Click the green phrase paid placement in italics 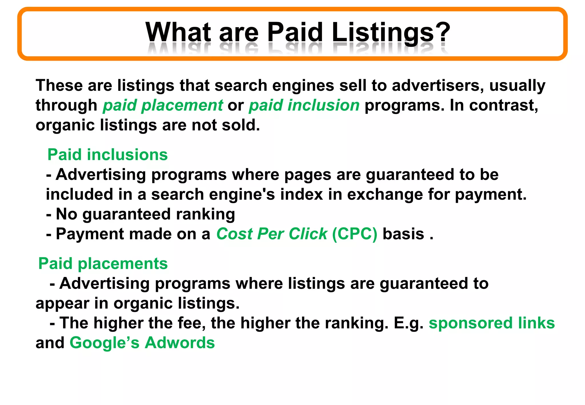tap(163, 105)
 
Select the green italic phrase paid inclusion tap(304, 105)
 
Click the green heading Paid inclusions tap(107, 155)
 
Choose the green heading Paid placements tap(103, 263)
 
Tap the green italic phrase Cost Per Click tap(271, 234)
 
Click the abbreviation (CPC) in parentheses tap(354, 234)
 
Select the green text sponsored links tap(492, 323)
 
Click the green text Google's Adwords tap(142, 343)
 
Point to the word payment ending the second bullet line tap(490, 195)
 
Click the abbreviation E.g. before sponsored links tap(408, 323)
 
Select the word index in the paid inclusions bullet tap(301, 195)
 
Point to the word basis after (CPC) tap(403, 234)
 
